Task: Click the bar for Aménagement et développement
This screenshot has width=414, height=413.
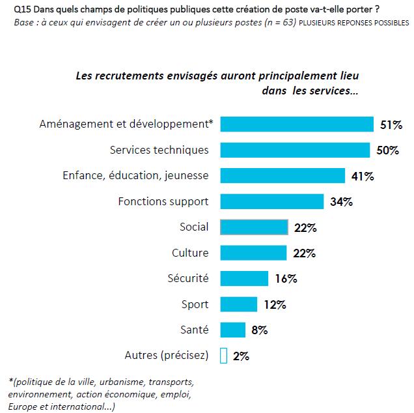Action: pos(297,124)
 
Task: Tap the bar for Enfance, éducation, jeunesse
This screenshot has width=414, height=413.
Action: pos(283,176)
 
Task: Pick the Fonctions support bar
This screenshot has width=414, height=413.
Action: pos(271,201)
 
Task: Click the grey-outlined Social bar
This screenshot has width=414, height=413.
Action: pos(254,227)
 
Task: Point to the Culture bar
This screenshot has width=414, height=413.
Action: pos(253,253)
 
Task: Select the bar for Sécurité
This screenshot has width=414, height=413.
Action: pos(244,278)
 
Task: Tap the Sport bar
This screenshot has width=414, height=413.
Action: pos(239,304)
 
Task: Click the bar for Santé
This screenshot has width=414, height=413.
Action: pos(233,330)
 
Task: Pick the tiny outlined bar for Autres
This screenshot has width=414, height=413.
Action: pos(223,356)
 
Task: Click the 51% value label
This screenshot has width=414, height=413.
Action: pos(392,124)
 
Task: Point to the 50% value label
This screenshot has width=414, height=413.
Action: pos(388,150)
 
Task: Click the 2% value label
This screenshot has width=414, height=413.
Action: pos(240,356)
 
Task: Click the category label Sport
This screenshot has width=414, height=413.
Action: pos(195,304)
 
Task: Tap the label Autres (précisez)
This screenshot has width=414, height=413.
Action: pos(166,355)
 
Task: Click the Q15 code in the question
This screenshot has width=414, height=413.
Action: pos(21,10)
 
